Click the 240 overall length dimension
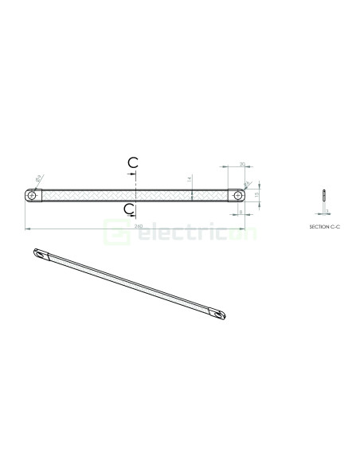coord(138,226)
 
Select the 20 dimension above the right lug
coord(242,164)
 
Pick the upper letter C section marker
coord(133,162)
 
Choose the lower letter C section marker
coord(129,208)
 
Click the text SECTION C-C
coord(323,227)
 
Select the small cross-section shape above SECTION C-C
coord(323,196)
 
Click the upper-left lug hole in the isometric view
coord(39,255)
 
